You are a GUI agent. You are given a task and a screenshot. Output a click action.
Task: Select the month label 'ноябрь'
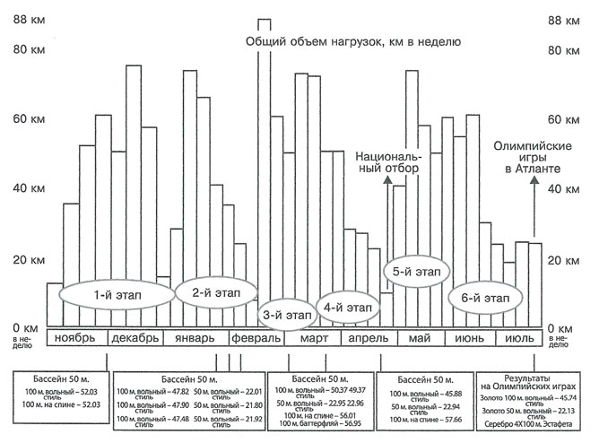[x=81, y=338]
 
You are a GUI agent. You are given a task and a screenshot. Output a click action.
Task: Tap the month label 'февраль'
[x=255, y=338]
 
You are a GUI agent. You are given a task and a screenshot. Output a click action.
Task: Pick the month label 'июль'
[x=520, y=338]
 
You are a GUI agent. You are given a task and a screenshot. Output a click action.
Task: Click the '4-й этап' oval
[x=348, y=307]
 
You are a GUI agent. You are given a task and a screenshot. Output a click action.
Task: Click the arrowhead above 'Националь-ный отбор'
[x=387, y=179]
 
